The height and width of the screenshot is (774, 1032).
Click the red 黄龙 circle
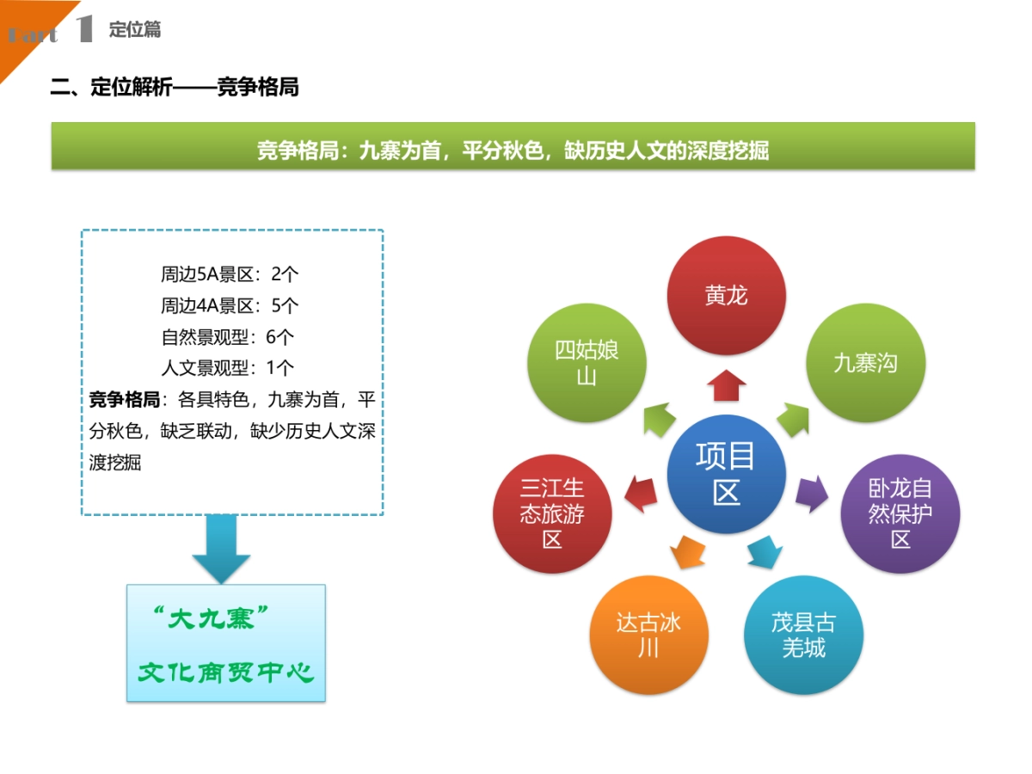(x=726, y=295)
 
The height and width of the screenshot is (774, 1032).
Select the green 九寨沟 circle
(x=865, y=362)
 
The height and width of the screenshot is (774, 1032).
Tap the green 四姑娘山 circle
(x=587, y=362)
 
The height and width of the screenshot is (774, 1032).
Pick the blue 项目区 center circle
(x=726, y=474)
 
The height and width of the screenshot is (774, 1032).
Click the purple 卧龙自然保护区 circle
(x=900, y=513)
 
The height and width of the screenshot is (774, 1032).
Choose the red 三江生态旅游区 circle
(x=552, y=513)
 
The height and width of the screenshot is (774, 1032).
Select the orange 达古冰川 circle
(x=648, y=635)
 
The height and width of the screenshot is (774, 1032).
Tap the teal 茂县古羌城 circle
(x=803, y=635)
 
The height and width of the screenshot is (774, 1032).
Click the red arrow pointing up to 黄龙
(x=727, y=385)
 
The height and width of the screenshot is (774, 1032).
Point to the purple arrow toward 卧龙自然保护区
(x=812, y=494)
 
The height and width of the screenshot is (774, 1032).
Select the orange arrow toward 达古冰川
(x=687, y=552)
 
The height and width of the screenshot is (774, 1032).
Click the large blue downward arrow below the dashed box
(x=221, y=549)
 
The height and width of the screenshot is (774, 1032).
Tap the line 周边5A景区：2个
(x=230, y=274)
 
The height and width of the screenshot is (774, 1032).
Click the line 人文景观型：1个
(x=228, y=367)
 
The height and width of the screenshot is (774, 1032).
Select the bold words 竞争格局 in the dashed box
(x=125, y=399)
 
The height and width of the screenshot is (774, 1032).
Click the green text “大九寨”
(x=211, y=618)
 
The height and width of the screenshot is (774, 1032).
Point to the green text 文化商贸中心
(x=226, y=673)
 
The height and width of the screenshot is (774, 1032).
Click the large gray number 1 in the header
(x=84, y=28)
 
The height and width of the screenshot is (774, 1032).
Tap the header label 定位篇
(x=135, y=29)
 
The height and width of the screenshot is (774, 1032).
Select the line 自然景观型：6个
(x=228, y=337)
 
